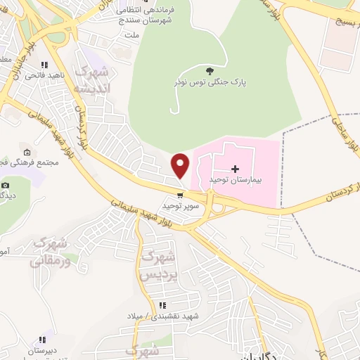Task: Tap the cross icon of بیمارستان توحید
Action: click(235, 169)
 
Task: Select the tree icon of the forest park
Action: click(210, 70)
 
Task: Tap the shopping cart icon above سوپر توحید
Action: click(181, 195)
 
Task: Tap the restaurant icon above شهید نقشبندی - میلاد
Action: click(163, 305)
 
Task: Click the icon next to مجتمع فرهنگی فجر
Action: click(27, 152)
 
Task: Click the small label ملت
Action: click(130, 34)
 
